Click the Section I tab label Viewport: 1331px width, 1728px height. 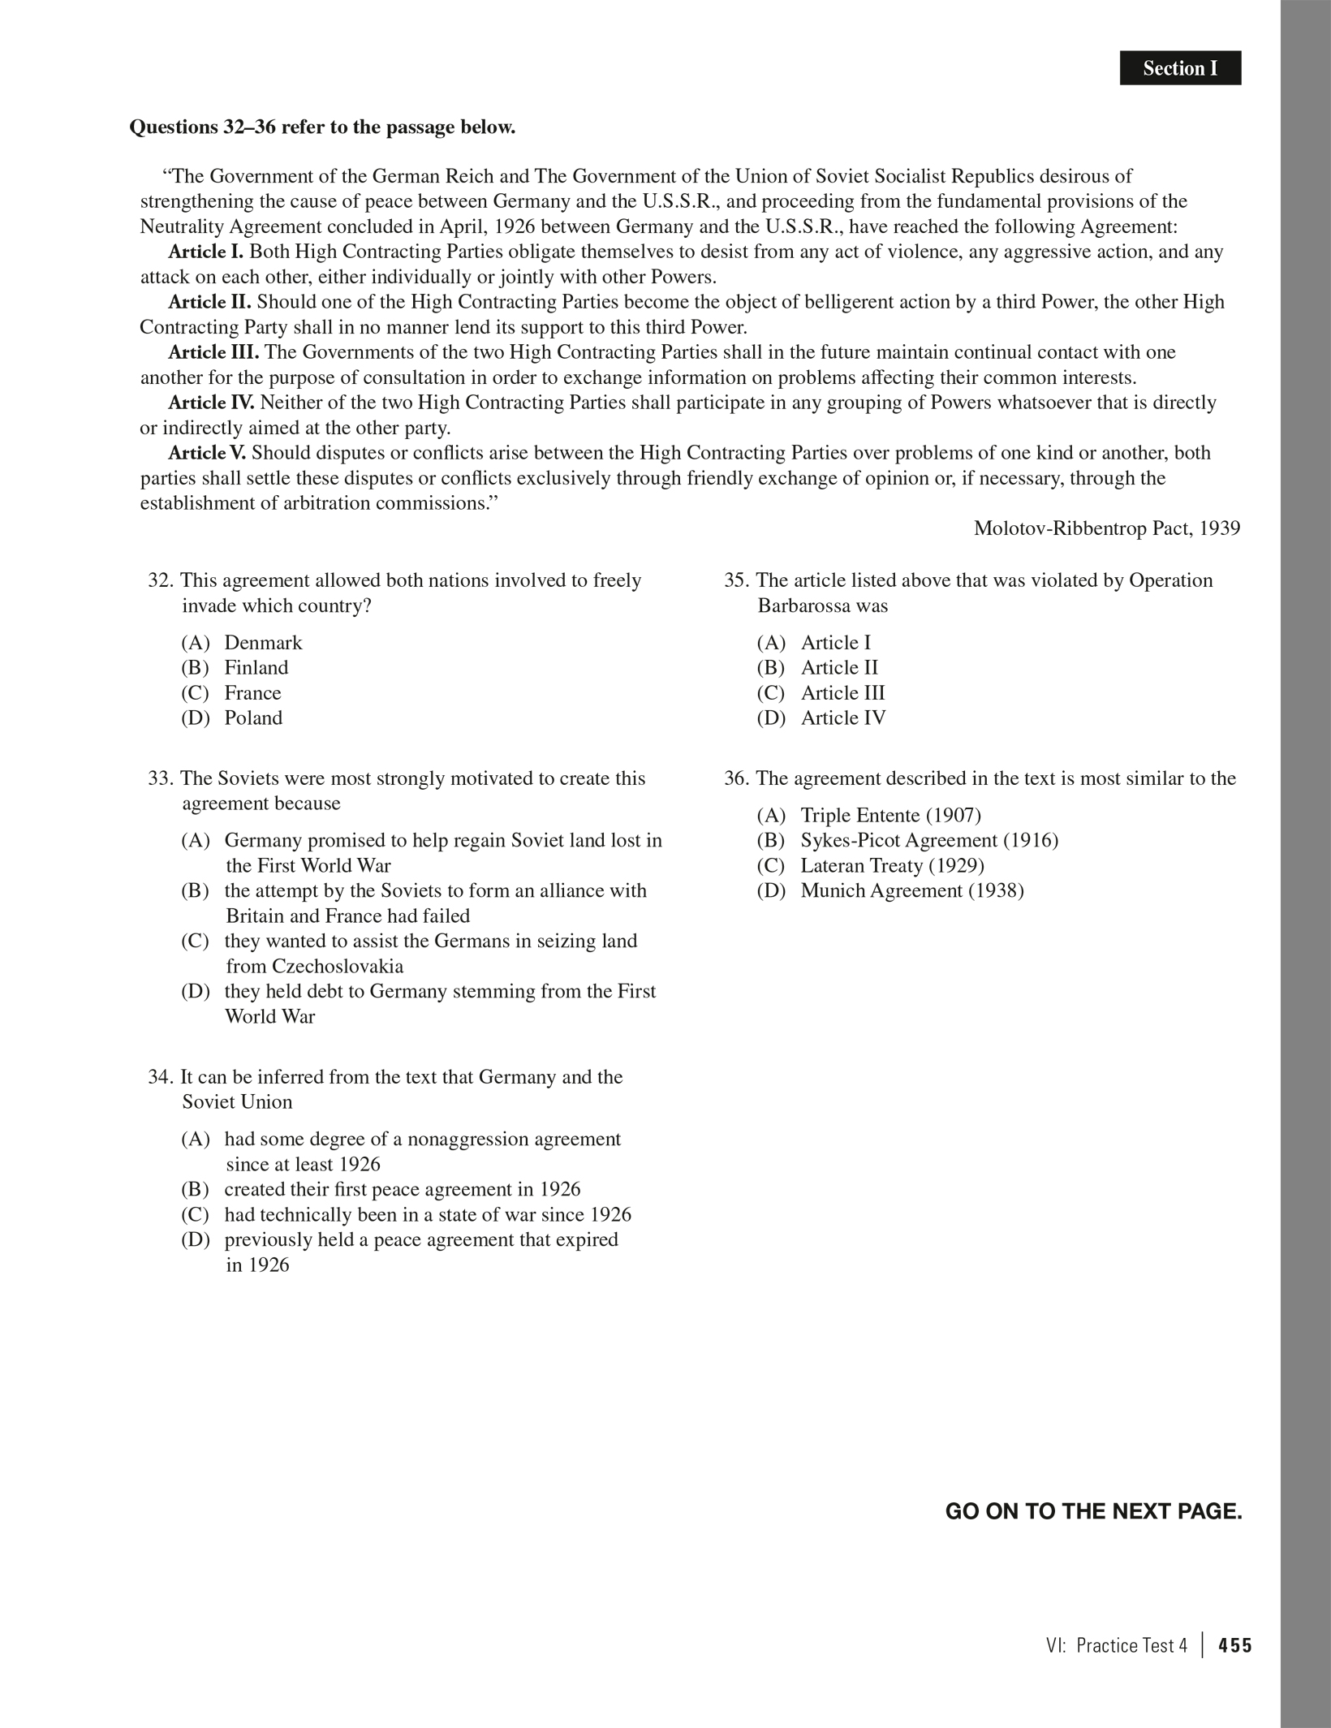click(1180, 68)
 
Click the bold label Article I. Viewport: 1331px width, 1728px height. click(205, 252)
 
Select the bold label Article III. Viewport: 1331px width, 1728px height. click(213, 352)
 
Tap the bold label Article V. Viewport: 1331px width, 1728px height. click(207, 453)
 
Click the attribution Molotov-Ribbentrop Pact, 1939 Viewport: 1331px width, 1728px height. click(1106, 528)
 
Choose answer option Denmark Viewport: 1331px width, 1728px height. click(263, 643)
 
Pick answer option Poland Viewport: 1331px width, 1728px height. click(253, 718)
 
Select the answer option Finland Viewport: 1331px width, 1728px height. click(256, 668)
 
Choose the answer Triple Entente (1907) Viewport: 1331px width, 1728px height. click(890, 816)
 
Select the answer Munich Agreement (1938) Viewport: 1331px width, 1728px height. click(911, 891)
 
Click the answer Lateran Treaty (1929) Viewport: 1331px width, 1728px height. click(892, 866)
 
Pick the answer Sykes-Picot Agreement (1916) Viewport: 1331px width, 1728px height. click(928, 841)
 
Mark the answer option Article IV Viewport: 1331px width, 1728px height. click(842, 718)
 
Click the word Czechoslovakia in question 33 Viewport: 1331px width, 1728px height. click(338, 967)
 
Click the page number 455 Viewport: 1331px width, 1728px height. click(1235, 1646)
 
